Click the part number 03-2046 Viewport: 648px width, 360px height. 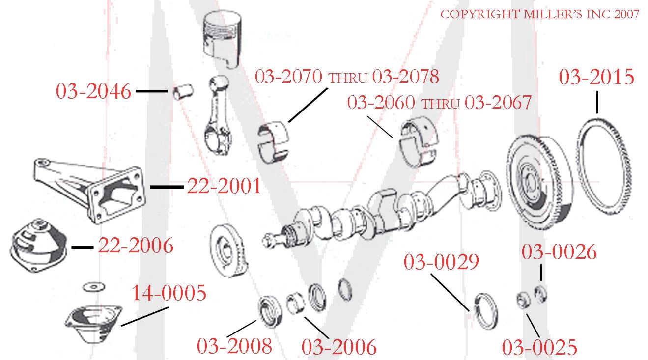pyautogui.click(x=93, y=92)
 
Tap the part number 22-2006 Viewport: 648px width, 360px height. pyautogui.click(x=136, y=246)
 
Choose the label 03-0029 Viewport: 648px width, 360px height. pyautogui.click(x=441, y=262)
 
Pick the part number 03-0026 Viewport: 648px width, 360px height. pyautogui.click(x=559, y=252)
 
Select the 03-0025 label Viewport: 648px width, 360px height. pyautogui.click(x=539, y=347)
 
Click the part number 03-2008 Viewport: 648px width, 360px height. pyautogui.click(x=234, y=346)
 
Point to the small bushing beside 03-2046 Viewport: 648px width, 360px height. pyautogui.click(x=184, y=92)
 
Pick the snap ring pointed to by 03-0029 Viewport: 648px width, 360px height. pyautogui.click(x=487, y=312)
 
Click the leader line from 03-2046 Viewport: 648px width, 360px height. pyautogui.click(x=151, y=91)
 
